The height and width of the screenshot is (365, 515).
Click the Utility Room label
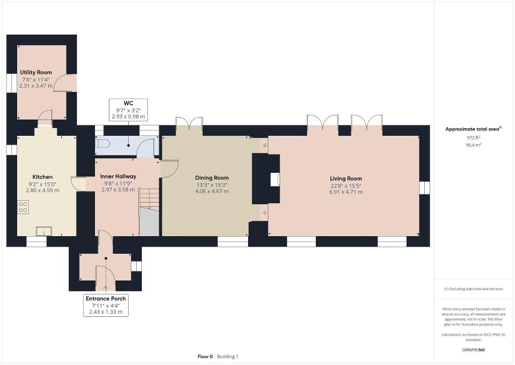(x=36, y=72)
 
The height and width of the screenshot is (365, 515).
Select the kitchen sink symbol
(x=44, y=231)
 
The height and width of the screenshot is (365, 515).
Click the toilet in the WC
(x=102, y=143)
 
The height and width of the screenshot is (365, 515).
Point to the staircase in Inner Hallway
(x=149, y=210)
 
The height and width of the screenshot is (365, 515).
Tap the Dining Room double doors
(x=189, y=122)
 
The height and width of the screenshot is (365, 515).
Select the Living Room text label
(x=346, y=178)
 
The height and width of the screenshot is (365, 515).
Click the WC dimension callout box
(x=128, y=110)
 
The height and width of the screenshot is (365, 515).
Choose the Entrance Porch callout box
(x=106, y=305)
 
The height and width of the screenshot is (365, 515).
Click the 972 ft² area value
(x=473, y=137)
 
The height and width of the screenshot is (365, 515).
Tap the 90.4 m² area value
(x=473, y=144)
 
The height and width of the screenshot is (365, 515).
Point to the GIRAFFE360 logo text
(x=474, y=350)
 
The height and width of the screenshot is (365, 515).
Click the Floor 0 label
(x=205, y=356)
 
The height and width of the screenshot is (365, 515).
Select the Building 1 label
(x=227, y=356)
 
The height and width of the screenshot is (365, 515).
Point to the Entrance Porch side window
(x=137, y=266)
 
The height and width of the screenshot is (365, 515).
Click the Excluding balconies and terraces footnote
(x=473, y=289)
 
